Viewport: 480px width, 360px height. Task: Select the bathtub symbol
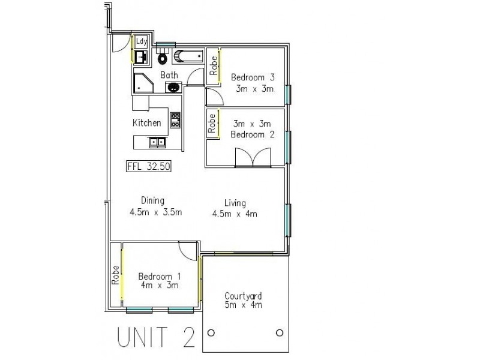(x=188, y=57)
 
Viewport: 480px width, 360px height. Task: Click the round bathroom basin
(x=173, y=88)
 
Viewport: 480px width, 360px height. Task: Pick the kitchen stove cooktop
(x=175, y=120)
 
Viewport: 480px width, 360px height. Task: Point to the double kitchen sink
(x=158, y=142)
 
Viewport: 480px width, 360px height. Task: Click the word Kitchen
(x=147, y=122)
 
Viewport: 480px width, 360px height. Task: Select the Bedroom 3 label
(x=253, y=77)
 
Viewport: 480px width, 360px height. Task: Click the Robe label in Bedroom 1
(x=115, y=275)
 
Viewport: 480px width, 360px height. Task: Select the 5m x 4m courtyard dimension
(x=243, y=305)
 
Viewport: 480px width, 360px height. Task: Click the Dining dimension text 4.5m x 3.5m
(x=155, y=212)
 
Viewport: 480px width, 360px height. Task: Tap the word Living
(x=235, y=202)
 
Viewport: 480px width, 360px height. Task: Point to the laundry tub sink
(x=141, y=58)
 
